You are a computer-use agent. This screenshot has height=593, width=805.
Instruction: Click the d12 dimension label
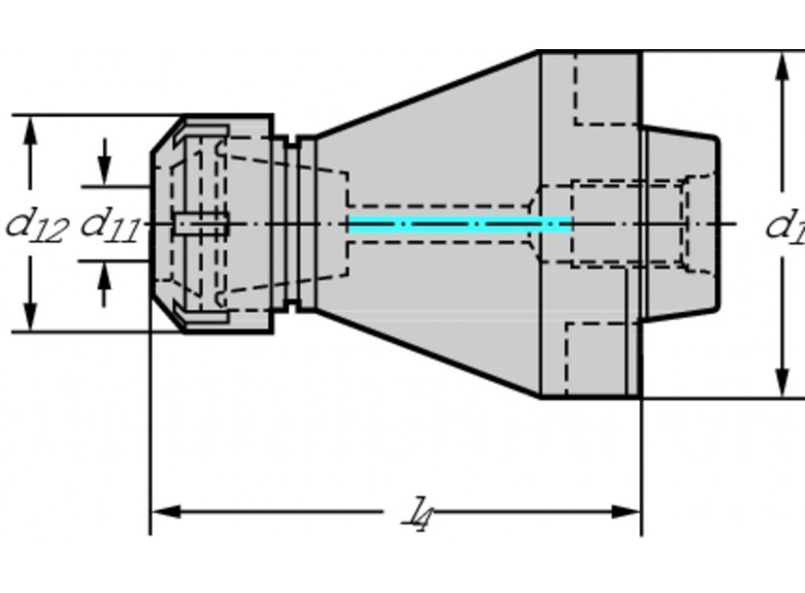pyautogui.click(x=36, y=225)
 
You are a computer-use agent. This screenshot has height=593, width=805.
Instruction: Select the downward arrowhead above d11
pyautogui.click(x=104, y=172)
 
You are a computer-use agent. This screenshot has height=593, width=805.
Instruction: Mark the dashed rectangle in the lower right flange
pyautogui.click(x=596, y=358)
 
